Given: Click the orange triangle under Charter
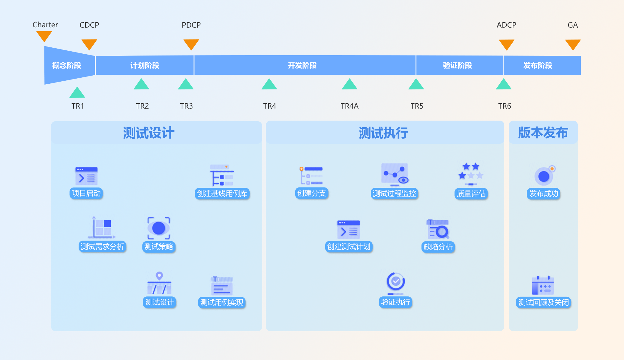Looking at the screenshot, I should [x=44, y=36].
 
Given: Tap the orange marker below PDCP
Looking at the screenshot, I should [x=191, y=44].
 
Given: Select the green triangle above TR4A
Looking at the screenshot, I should [x=349, y=85].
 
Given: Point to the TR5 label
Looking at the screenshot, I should [x=417, y=106].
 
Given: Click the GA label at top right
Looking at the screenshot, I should [x=572, y=25].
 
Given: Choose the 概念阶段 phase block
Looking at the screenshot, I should [x=67, y=65].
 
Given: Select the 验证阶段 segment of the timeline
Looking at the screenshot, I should [x=457, y=65].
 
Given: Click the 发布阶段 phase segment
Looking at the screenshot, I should [x=538, y=65].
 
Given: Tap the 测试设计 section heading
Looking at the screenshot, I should [x=149, y=133].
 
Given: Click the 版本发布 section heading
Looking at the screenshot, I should [x=543, y=133].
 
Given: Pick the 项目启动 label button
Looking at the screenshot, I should [x=86, y=193].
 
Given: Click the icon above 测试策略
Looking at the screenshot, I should [x=159, y=228].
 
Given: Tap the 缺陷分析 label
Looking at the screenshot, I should [x=438, y=247].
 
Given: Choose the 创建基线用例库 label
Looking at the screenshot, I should [x=222, y=193].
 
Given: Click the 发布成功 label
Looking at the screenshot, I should [x=543, y=193].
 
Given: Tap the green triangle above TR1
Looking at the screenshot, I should [x=77, y=93].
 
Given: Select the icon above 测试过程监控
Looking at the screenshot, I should [x=394, y=174].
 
